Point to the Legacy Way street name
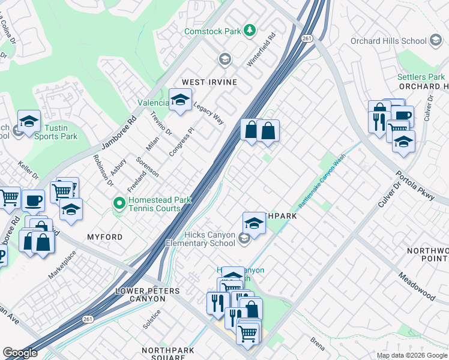coord(208,112)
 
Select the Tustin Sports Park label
coord(60,132)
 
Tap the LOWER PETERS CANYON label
coord(147,296)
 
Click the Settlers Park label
coord(421,77)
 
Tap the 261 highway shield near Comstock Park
coord(307,38)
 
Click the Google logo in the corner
coord(20,353)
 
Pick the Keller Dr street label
coord(28,170)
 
